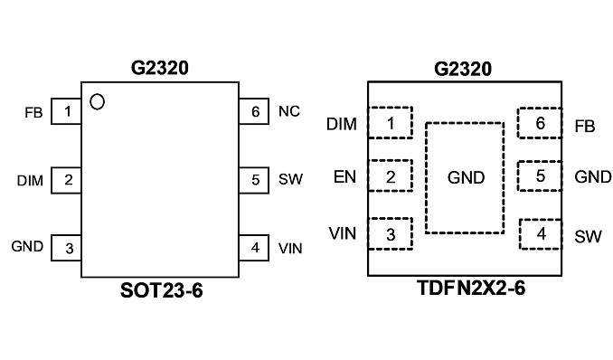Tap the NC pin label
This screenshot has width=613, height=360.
tap(289, 111)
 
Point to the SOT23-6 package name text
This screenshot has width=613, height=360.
tap(162, 290)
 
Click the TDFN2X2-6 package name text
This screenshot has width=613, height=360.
tap(471, 289)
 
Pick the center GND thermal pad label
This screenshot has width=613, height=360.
tap(466, 177)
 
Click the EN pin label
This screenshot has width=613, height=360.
tap(344, 177)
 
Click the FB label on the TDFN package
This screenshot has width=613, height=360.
tap(585, 127)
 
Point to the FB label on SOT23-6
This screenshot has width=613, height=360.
tap(33, 113)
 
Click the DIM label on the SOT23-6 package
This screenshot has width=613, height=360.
tap(30, 181)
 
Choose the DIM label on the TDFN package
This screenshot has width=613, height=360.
tap(342, 124)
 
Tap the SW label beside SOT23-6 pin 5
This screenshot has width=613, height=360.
tap(290, 179)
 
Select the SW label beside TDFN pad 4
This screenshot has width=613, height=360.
tap(588, 236)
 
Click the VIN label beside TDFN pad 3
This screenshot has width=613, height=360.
tap(343, 233)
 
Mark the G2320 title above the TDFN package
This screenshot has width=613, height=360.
tap(463, 69)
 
